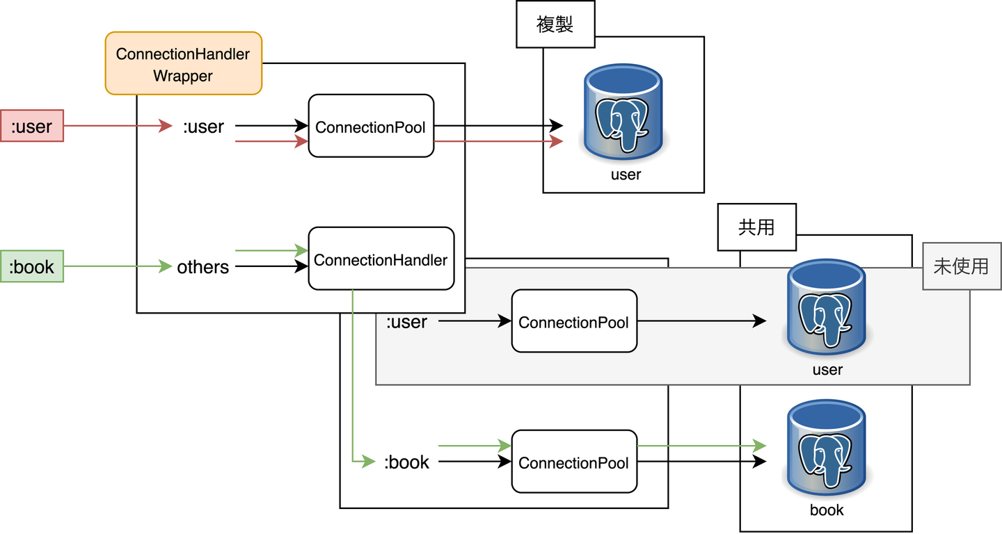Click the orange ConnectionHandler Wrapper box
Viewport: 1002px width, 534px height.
(183, 63)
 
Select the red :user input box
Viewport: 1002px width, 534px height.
(32, 126)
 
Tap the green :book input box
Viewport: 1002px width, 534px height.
(32, 266)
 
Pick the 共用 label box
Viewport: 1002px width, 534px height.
(756, 227)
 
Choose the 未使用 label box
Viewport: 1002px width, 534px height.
(961, 266)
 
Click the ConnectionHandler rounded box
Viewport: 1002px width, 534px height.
(381, 259)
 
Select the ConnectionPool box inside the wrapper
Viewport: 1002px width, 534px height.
(371, 127)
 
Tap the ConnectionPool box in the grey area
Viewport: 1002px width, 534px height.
(574, 321)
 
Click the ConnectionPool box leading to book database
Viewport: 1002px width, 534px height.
(574, 462)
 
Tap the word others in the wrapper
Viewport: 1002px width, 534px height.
(202, 267)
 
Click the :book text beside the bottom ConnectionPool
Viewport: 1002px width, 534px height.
(407, 462)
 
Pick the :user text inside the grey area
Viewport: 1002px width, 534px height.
(407, 322)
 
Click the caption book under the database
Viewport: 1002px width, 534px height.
(827, 510)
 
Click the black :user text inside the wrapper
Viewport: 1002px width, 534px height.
(203, 127)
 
